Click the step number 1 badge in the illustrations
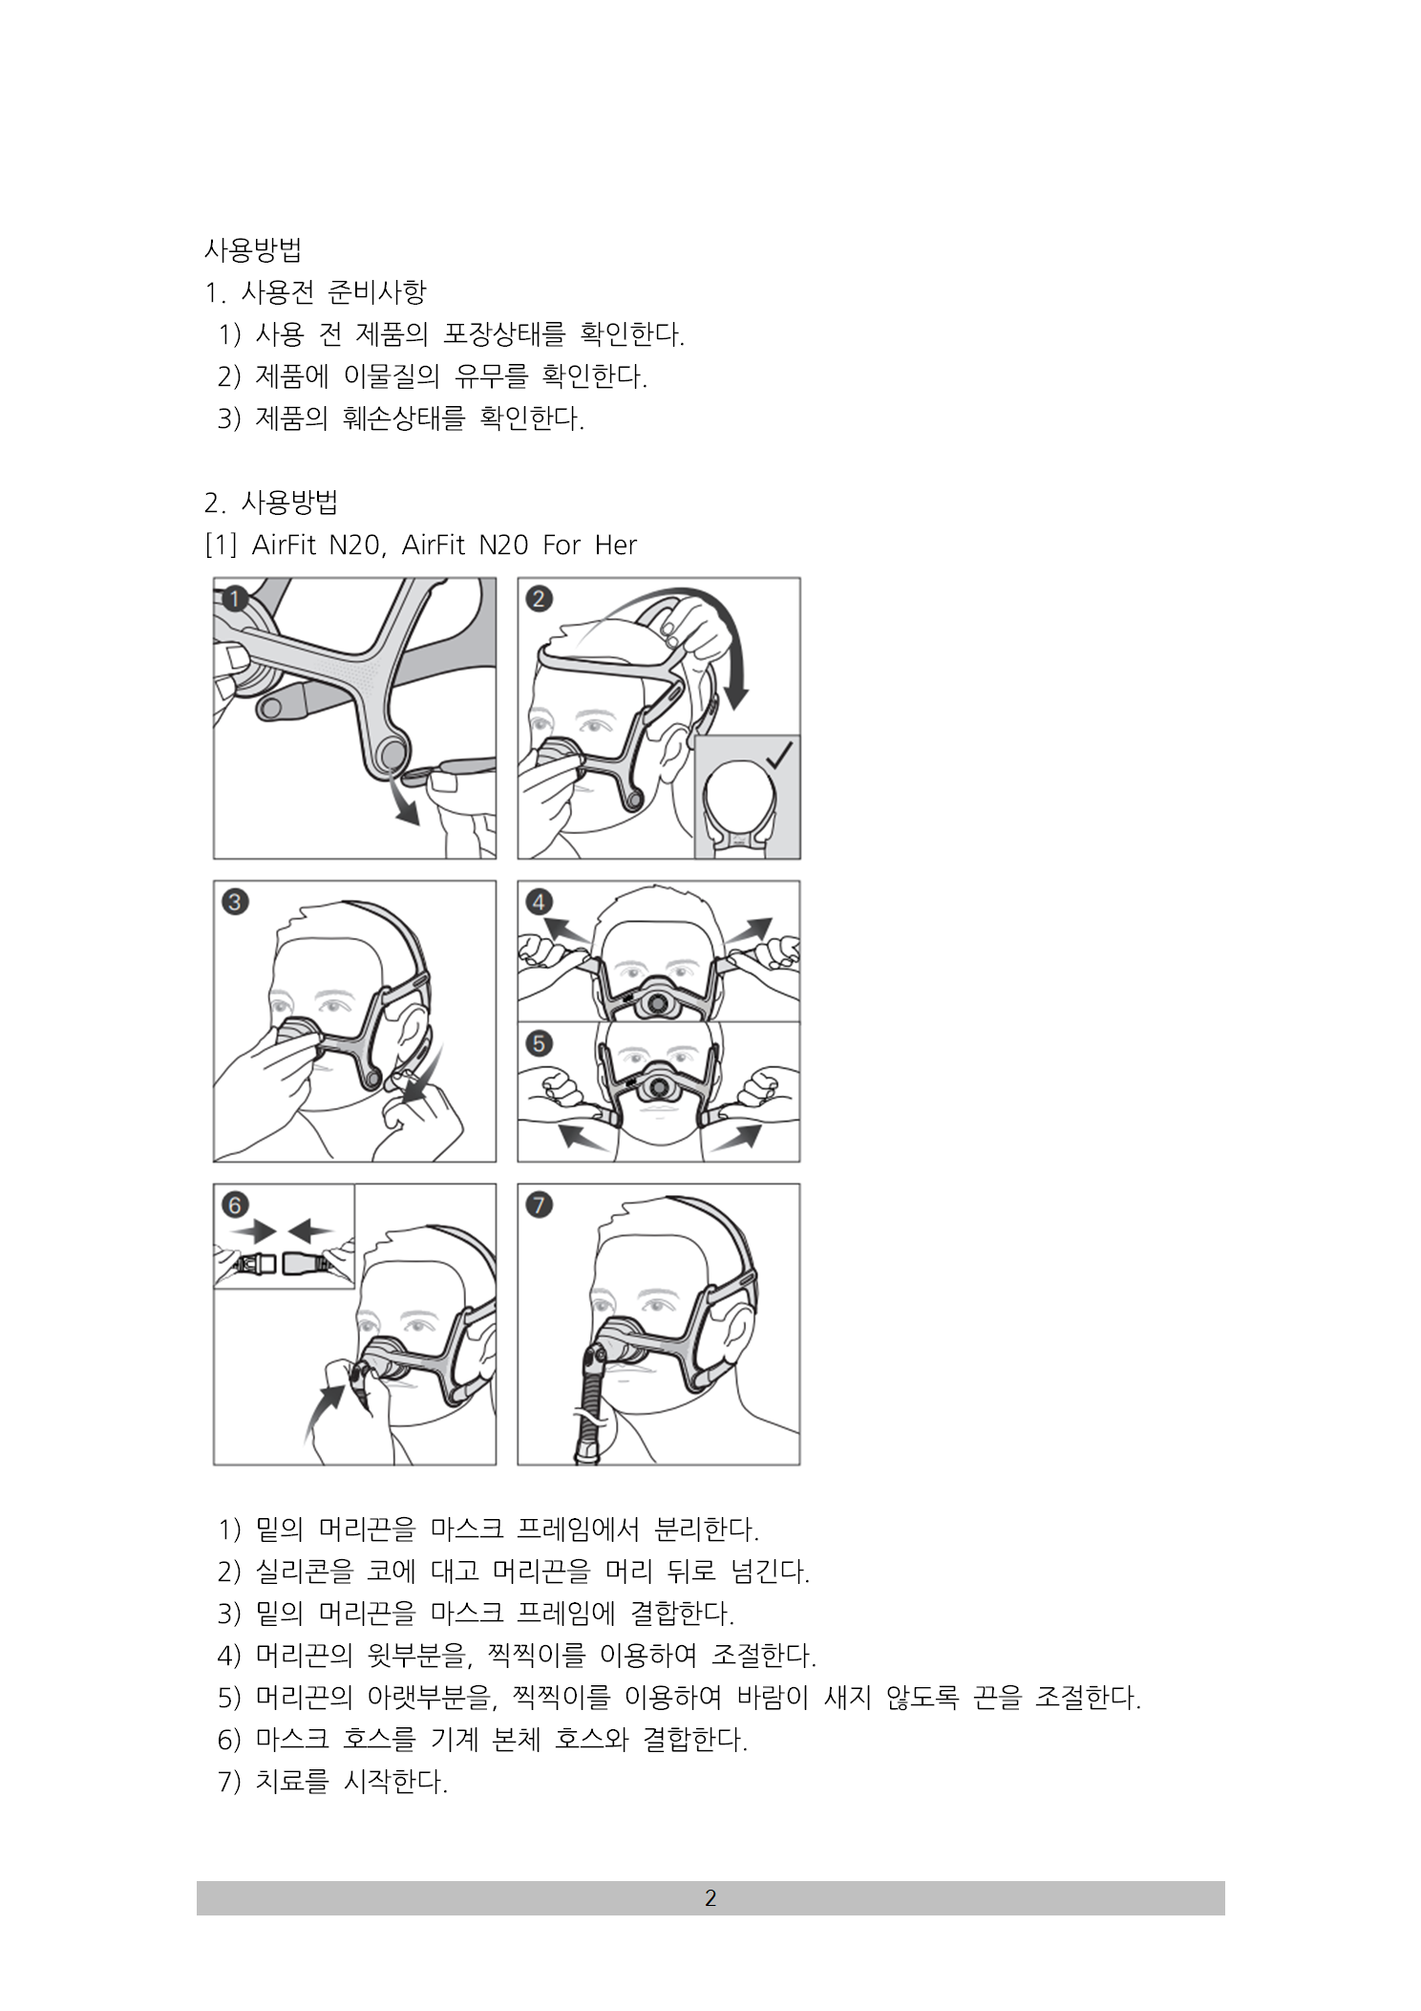click(x=235, y=600)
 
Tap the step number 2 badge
click(x=540, y=599)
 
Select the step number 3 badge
click(x=235, y=902)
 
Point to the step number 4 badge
click(x=540, y=902)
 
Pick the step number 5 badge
click(x=540, y=1042)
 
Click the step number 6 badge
click(x=235, y=1205)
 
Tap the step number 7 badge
click(x=540, y=1205)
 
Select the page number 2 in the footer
click(x=710, y=1898)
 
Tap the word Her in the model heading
click(x=616, y=545)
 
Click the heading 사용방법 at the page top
click(x=253, y=250)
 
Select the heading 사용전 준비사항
click(x=333, y=292)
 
